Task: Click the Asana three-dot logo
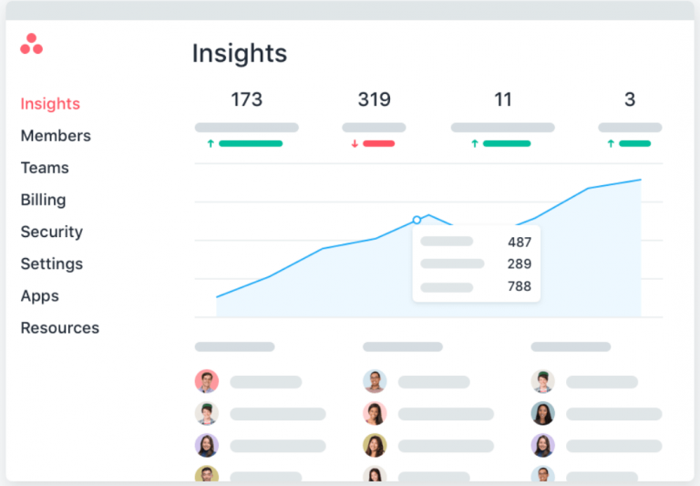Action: pos(31,44)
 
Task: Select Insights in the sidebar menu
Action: pos(50,104)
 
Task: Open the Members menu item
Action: pos(56,136)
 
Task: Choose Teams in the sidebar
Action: pos(45,168)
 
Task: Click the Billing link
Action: pos(43,200)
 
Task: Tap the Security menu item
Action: pos(51,232)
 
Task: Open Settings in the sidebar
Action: pos(51,264)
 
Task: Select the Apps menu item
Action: pos(39,295)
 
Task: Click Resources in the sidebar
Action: pos(59,327)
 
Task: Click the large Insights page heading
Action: pos(239,53)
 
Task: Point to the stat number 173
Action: pos(246,99)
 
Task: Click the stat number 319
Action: pos(374,99)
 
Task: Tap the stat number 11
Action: pos(503,99)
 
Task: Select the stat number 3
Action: pos(630,99)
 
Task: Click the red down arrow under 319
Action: pos(355,144)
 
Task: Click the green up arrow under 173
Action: pos(211,144)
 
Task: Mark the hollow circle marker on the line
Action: pos(417,220)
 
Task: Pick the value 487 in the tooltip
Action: pos(520,242)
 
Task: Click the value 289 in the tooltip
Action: pos(520,264)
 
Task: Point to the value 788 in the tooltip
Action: pos(520,287)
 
